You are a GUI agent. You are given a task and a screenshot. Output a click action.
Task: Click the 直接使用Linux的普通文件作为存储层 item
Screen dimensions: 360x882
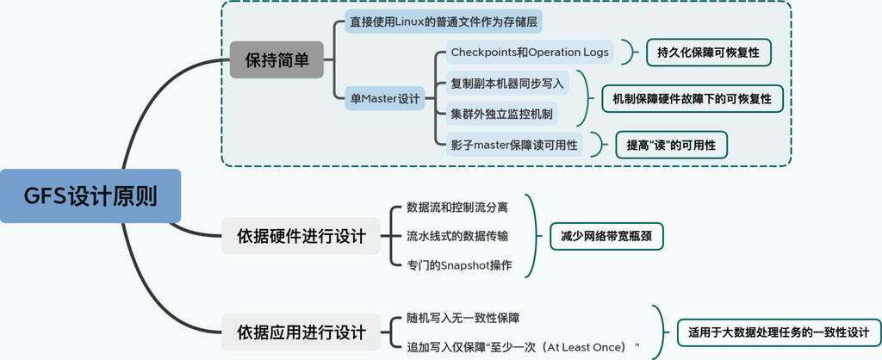pyautogui.click(x=445, y=21)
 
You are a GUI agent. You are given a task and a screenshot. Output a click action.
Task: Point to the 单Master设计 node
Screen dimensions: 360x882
pyautogui.click(x=384, y=98)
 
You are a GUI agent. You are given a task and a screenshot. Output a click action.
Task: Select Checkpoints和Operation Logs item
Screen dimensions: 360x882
pyautogui.click(x=530, y=53)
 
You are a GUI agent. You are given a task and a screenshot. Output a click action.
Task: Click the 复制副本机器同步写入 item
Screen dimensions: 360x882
pyautogui.click(x=507, y=83)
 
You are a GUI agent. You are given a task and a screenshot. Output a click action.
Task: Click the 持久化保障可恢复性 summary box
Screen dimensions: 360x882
pyautogui.click(x=708, y=53)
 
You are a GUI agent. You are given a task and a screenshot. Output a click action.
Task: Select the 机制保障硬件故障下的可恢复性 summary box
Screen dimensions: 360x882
pyautogui.click(x=692, y=98)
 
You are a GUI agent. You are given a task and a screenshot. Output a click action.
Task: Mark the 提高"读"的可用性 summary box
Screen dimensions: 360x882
pyautogui.click(x=670, y=145)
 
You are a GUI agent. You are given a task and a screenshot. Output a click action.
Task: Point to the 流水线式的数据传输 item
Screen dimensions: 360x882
pyautogui.click(x=457, y=235)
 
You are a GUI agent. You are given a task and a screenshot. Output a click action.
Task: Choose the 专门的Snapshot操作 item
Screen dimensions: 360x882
pyautogui.click(x=460, y=264)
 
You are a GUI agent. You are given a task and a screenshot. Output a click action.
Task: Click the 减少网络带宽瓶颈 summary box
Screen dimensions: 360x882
pyautogui.click(x=607, y=235)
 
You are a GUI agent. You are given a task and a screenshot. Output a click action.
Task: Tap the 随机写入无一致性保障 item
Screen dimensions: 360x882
pyautogui.click(x=463, y=318)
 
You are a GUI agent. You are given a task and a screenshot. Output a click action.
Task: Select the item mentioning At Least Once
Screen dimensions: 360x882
pyautogui.click(x=523, y=346)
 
